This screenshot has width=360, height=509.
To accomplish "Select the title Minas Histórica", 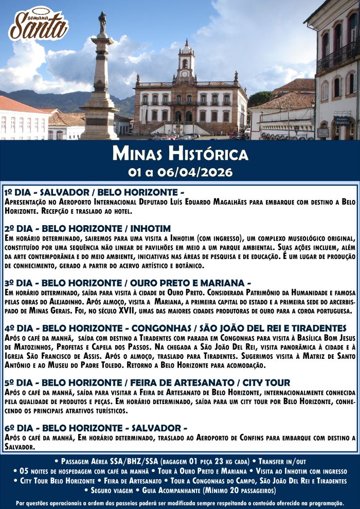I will [x=179, y=153].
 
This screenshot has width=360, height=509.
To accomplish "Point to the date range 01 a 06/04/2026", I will [x=179, y=171].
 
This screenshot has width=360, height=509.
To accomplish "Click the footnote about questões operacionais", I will [x=179, y=503].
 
